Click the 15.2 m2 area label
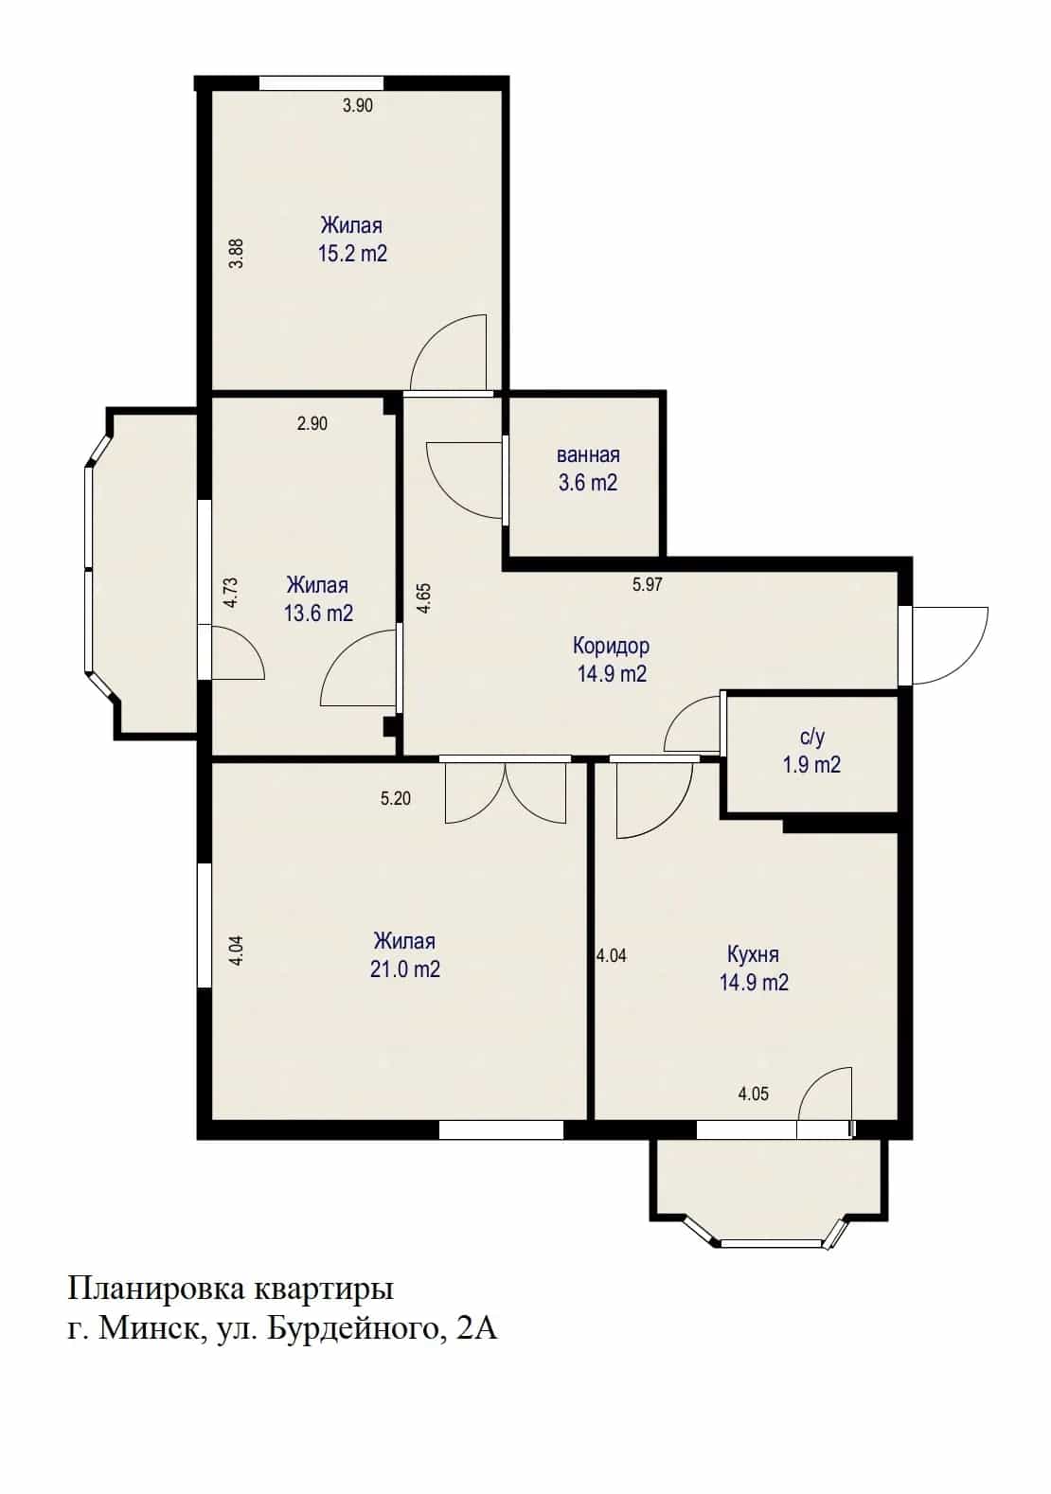[353, 254]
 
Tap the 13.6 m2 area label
[318, 613]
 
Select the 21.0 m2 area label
[405, 969]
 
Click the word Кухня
[753, 954]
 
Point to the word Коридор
[611, 646]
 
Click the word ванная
[588, 454]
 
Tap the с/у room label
[811, 737]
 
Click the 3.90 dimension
[358, 105]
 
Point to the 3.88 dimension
[236, 254]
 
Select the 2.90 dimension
[312, 423]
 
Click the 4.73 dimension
[231, 593]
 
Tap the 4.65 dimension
[423, 598]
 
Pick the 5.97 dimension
[647, 584]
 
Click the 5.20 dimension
[396, 798]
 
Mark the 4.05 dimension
[753, 1094]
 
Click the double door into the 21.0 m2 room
[506, 791]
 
